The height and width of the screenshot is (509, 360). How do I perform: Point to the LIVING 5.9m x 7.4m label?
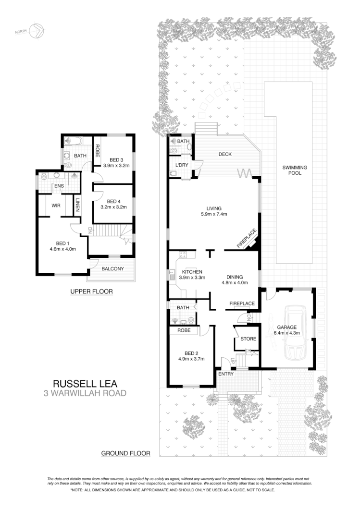(x=214, y=211)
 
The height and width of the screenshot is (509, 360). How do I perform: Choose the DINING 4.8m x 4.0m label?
(x=235, y=279)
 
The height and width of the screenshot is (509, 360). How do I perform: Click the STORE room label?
(x=248, y=339)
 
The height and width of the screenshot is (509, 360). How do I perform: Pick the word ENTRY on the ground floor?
(x=226, y=374)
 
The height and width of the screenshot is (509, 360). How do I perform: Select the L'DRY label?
(x=181, y=165)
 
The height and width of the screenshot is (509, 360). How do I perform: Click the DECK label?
(x=225, y=155)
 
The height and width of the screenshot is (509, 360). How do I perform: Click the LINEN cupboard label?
(x=77, y=205)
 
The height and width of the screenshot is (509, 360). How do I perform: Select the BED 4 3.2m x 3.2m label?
(x=113, y=204)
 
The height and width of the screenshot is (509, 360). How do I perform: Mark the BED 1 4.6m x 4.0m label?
(x=62, y=246)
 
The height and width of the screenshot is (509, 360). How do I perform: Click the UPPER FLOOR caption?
(x=91, y=291)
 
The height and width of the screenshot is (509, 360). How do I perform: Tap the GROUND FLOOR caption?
(x=126, y=453)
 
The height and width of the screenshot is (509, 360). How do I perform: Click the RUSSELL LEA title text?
(x=85, y=384)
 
